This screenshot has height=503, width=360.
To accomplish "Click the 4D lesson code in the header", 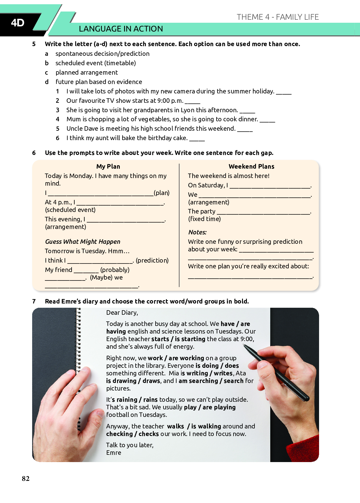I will pyautogui.click(x=18, y=23).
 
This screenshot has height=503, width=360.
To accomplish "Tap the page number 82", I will pyautogui.click(x=26, y=478).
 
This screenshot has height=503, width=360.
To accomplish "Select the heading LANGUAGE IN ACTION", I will pyautogui.click(x=121, y=29).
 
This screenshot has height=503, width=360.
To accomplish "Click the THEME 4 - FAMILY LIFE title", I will pyautogui.click(x=278, y=17).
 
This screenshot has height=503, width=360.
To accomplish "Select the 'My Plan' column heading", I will pyautogui.click(x=108, y=166).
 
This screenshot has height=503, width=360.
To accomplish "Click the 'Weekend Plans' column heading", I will pyautogui.click(x=251, y=166).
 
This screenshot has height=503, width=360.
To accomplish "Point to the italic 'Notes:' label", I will pyautogui.click(x=197, y=232).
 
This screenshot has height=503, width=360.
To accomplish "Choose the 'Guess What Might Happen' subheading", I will pyautogui.click(x=82, y=242).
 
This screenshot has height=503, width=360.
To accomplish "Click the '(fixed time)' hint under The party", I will pyautogui.click(x=204, y=219).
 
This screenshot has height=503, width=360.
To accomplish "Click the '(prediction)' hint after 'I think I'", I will pyautogui.click(x=152, y=260).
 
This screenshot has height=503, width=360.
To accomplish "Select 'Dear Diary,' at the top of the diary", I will pyautogui.click(x=122, y=313).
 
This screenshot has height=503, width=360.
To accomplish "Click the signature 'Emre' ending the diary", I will pyautogui.click(x=114, y=453).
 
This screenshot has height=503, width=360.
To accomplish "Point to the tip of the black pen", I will pyautogui.click(x=244, y=346).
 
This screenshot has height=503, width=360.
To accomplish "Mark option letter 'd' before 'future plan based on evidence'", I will pyautogui.click(x=47, y=82).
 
